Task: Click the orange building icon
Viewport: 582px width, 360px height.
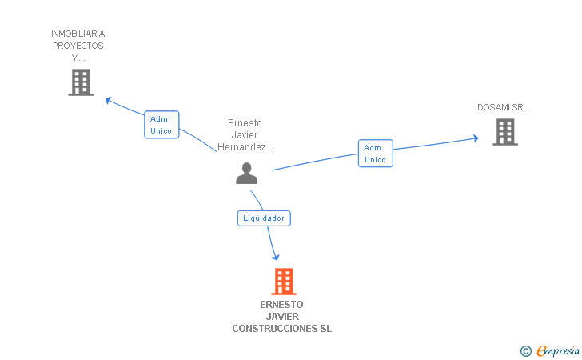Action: (x=284, y=282)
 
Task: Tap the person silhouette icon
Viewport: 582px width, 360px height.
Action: (x=246, y=173)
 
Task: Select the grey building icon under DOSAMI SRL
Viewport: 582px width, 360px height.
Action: (x=505, y=132)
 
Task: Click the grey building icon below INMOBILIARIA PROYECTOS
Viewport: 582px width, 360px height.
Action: (x=81, y=82)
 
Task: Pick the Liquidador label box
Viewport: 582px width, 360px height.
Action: (x=264, y=218)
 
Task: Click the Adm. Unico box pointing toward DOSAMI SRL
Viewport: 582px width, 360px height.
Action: (x=375, y=154)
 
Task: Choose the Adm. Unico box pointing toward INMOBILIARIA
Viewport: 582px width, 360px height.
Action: (x=161, y=125)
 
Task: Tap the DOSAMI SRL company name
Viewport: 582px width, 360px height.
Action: (x=502, y=107)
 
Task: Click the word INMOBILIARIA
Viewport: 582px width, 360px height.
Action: (x=78, y=34)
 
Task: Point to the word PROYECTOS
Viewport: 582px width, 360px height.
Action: (x=78, y=46)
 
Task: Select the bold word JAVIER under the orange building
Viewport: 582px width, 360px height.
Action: (x=282, y=317)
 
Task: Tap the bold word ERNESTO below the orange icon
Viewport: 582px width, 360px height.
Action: (x=281, y=305)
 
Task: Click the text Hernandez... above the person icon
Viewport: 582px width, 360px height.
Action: (x=245, y=147)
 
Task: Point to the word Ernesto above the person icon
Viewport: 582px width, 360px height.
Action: (x=245, y=123)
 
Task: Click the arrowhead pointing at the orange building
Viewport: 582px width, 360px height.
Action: (x=275, y=257)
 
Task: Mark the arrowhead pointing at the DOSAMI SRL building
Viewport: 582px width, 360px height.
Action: (x=476, y=138)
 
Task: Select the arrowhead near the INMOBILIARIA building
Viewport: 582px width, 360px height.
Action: (x=109, y=100)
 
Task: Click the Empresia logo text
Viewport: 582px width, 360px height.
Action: (x=558, y=350)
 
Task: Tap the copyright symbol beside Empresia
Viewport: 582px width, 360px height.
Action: (x=525, y=351)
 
